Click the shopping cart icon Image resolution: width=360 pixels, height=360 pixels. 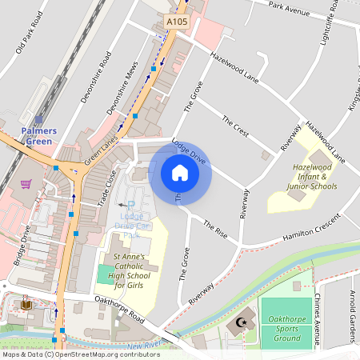26,184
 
